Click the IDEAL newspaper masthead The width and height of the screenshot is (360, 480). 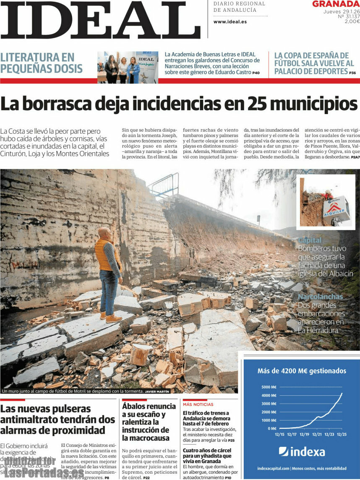point(101,20)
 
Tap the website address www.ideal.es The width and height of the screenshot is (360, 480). point(230,22)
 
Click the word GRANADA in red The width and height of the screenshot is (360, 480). point(336,4)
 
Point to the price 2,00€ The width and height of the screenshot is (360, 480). point(352,21)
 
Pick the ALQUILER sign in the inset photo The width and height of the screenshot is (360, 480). point(336,207)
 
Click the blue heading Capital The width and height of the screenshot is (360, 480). point(310,240)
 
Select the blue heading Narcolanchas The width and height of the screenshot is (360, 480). point(320,297)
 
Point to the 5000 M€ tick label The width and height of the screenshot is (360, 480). point(269,387)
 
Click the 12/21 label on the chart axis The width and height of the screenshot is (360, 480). point(317,435)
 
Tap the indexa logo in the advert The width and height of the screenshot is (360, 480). point(302,451)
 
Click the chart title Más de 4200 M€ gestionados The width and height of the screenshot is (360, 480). point(302,371)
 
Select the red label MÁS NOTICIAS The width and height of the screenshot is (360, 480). point(198,405)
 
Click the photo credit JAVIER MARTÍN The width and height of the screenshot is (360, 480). point(157,391)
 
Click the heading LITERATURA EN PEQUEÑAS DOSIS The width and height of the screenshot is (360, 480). point(41,63)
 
